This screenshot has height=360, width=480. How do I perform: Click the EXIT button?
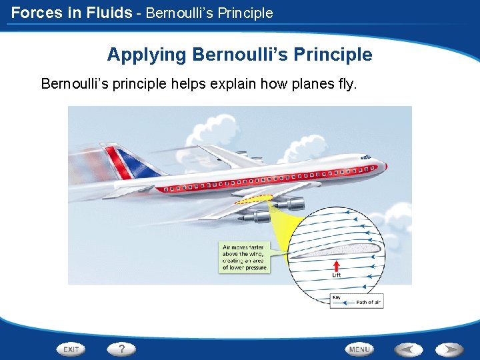point(71,349)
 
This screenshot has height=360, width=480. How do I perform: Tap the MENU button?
point(359,349)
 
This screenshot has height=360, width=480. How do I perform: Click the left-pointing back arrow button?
point(407,349)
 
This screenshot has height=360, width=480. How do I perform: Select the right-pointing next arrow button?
point(449,349)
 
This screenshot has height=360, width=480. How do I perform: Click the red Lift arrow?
point(337,265)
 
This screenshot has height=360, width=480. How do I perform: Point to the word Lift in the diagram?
point(337,275)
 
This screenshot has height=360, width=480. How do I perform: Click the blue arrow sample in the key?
point(342,303)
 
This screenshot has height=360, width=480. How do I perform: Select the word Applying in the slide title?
point(147,55)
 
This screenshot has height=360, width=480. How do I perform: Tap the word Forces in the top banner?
point(37,12)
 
